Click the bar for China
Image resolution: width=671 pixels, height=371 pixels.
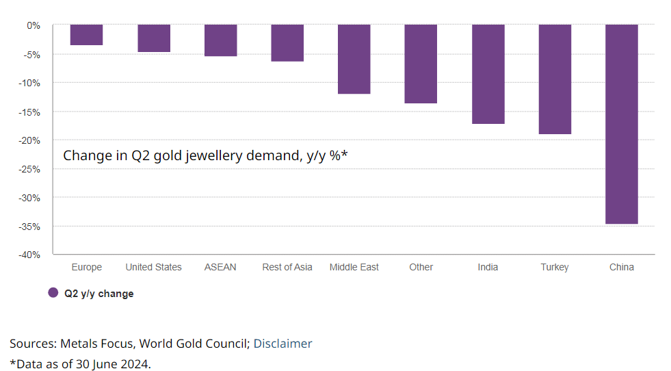pos(622,124)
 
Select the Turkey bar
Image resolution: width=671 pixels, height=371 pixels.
pos(555,79)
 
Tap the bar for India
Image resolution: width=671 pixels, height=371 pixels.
pos(488,74)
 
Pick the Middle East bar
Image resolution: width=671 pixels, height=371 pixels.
pos(354,59)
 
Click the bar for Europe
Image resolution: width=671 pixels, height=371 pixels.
pos(86,35)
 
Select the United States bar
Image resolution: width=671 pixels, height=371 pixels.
pos(154,38)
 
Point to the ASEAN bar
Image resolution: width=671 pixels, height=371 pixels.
pos(220,40)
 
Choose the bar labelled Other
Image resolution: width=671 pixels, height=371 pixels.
pos(421,64)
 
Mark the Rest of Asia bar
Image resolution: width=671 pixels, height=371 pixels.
pos(287,43)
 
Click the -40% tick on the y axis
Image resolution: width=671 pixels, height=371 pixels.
pos(31,255)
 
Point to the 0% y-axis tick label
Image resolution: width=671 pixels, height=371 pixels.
pos(34,25)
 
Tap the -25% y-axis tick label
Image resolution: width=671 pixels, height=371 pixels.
pos(31,169)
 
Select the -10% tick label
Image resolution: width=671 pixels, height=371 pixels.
pos(31,83)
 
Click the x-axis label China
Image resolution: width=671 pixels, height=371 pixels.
pos(622,267)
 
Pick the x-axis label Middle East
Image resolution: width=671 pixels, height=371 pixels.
pos(354,267)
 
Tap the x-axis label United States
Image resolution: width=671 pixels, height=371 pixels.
pos(154,267)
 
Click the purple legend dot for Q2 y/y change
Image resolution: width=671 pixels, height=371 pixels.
pos(53,293)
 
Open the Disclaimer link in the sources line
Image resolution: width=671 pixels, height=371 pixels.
pos(282,344)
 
